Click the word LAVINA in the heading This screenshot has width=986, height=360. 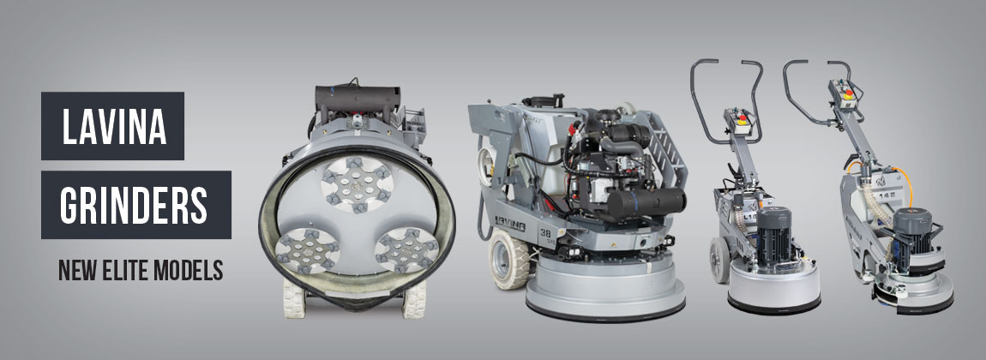(x=113, y=126)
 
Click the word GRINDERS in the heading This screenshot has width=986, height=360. (x=134, y=204)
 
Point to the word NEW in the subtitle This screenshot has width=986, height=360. (x=76, y=270)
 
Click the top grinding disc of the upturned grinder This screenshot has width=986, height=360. (x=357, y=183)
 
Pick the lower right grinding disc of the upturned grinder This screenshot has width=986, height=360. (x=406, y=249)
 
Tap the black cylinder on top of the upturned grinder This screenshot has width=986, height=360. (x=358, y=99)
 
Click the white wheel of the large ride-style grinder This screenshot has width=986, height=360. (x=508, y=258)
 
